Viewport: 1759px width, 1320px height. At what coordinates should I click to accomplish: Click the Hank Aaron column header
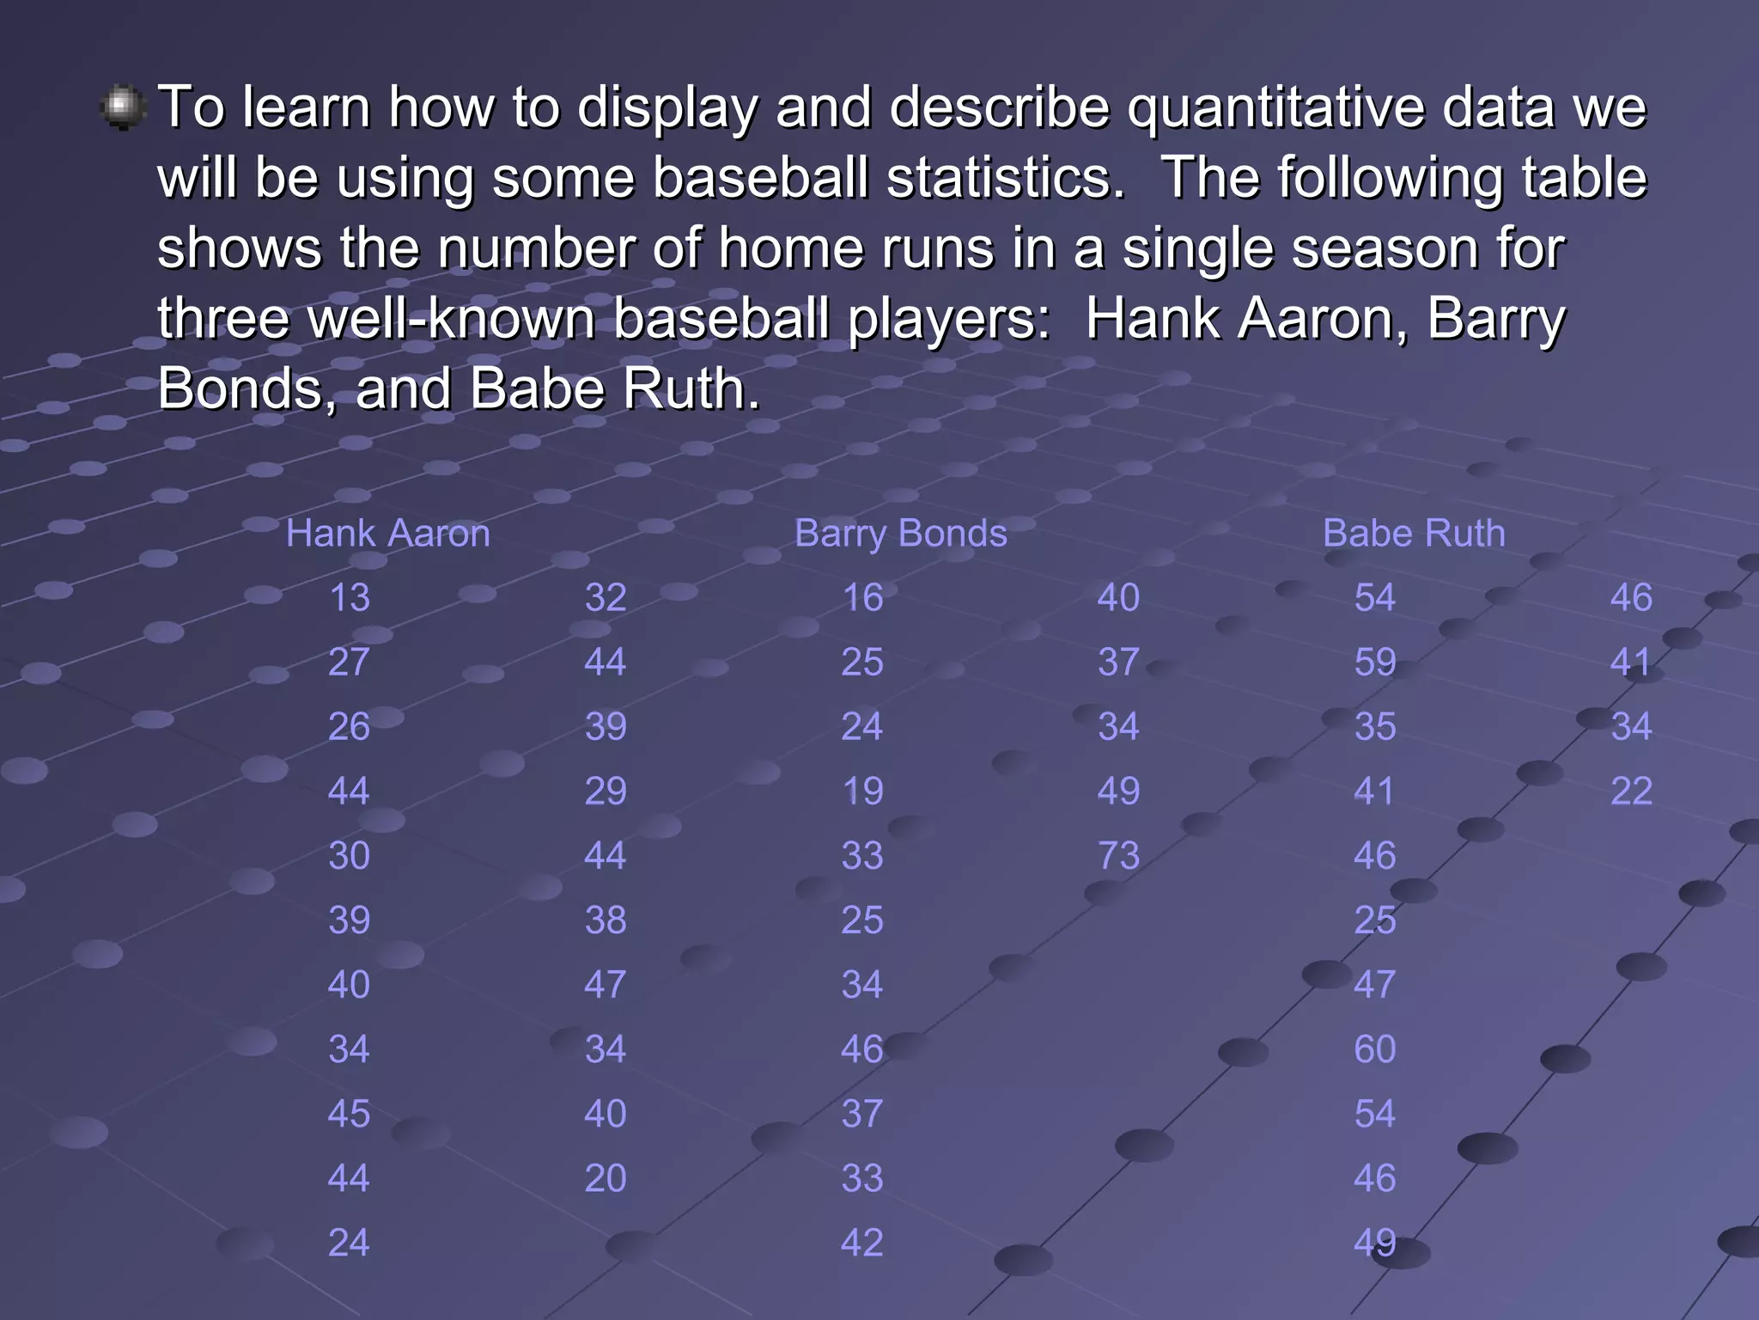[x=387, y=534]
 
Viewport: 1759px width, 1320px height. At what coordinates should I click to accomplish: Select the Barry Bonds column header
[x=900, y=534]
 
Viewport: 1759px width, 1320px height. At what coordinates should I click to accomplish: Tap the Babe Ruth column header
[x=1414, y=534]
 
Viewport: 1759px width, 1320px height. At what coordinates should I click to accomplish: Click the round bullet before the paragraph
[x=124, y=107]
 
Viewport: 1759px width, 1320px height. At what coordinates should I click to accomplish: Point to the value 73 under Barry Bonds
[x=1118, y=856]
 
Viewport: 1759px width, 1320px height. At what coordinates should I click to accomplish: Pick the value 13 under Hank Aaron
[x=349, y=598]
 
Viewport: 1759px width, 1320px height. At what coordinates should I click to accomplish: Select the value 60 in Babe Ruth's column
[x=1374, y=1049]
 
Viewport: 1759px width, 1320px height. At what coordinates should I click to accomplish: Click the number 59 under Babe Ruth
[x=1374, y=663]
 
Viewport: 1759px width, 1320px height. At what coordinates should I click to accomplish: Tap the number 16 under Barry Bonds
[x=862, y=598]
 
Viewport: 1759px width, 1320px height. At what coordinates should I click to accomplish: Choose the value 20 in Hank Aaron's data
[x=606, y=1178]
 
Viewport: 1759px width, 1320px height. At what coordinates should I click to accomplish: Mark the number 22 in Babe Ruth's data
[x=1631, y=791]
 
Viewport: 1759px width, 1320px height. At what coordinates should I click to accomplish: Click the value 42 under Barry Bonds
[x=862, y=1243]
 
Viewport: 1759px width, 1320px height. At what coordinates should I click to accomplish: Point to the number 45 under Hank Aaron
[x=349, y=1114]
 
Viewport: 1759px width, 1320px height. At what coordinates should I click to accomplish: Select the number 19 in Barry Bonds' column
[x=862, y=791]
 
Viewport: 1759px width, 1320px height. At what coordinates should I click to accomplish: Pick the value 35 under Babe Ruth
[x=1374, y=727]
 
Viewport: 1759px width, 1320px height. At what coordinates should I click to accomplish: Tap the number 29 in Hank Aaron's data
[x=606, y=791]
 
